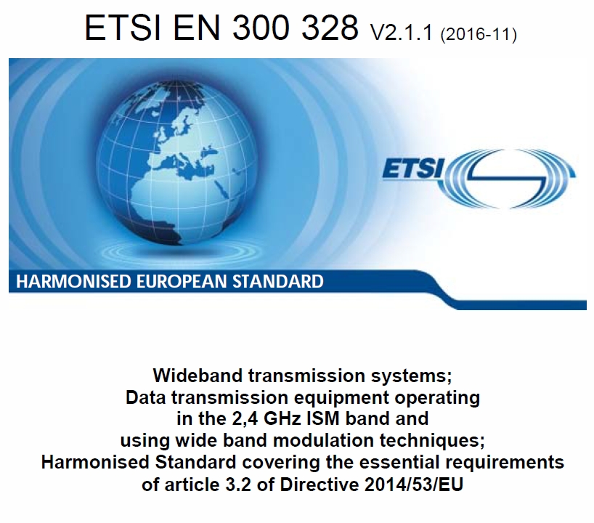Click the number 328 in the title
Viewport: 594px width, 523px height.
pyautogui.click(x=330, y=28)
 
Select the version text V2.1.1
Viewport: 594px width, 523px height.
pyautogui.click(x=402, y=33)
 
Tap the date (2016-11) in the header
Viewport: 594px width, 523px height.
pyautogui.click(x=479, y=34)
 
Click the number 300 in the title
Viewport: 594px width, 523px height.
pyautogui.click(x=261, y=28)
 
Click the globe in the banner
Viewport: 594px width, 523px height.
pyautogui.click(x=177, y=163)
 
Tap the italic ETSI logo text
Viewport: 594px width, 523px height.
pyautogui.click(x=413, y=168)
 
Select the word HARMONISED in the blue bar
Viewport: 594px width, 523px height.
pyautogui.click(x=73, y=281)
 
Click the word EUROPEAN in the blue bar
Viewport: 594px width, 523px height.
pyautogui.click(x=182, y=281)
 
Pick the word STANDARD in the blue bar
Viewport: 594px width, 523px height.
pyautogui.click(x=278, y=281)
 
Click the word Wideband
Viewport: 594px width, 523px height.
pyautogui.click(x=198, y=376)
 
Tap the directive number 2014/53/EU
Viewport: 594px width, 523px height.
pyautogui.click(x=414, y=485)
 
